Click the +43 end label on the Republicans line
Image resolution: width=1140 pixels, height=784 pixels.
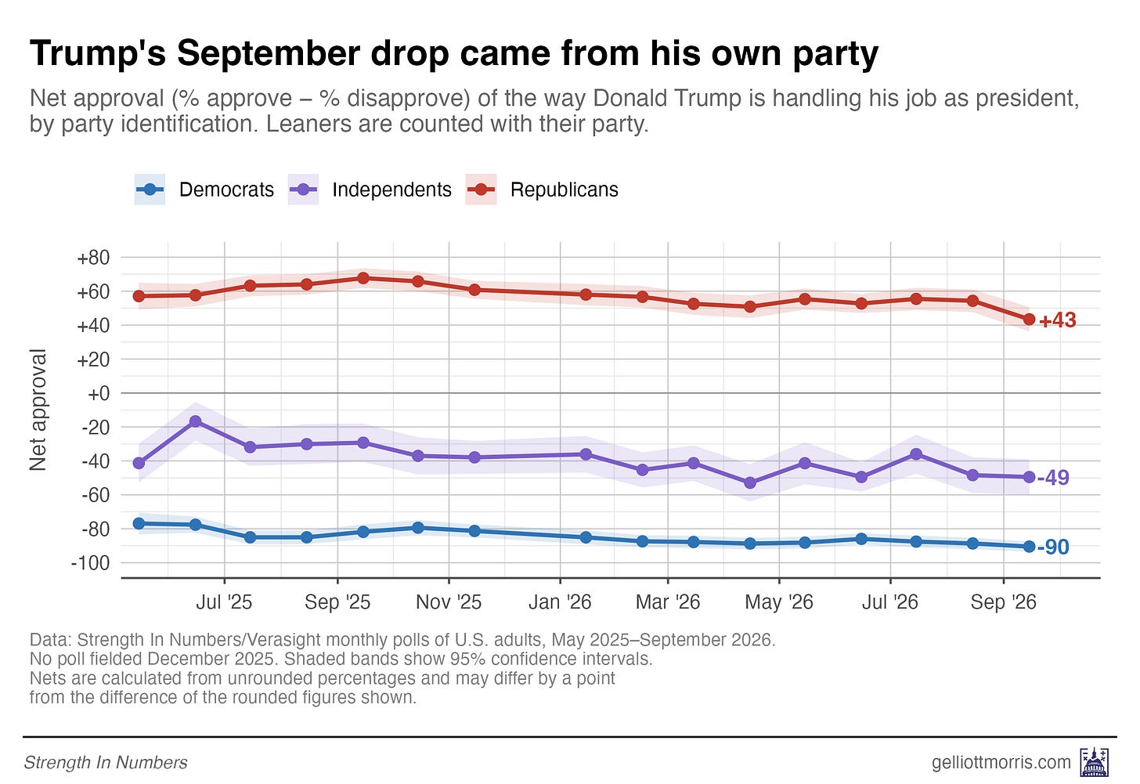pos(1058,320)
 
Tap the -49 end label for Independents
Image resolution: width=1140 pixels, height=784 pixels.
pos(1053,478)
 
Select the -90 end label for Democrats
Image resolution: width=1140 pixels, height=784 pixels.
pos(1053,547)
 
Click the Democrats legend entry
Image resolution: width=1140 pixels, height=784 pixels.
pos(204,190)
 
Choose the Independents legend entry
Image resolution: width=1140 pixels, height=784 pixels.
pos(370,190)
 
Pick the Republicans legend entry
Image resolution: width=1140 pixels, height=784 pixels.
pos(542,190)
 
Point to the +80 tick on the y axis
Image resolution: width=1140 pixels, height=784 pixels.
pos(93,258)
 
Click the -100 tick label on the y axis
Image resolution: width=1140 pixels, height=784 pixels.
pos(90,563)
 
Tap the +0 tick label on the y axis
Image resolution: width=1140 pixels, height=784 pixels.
pos(99,393)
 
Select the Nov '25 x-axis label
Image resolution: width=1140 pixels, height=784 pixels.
pos(449,602)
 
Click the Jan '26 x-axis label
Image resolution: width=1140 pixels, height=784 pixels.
pos(560,602)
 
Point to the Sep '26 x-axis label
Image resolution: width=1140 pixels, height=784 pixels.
pos(1003,602)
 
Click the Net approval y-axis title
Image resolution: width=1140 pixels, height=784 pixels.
pos(38,410)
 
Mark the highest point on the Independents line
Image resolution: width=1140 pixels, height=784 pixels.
pos(196,421)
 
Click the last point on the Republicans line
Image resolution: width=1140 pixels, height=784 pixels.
pos(1029,320)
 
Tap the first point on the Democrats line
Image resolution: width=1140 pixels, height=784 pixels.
pos(139,523)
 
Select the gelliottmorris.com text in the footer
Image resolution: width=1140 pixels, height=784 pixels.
pos(1001,762)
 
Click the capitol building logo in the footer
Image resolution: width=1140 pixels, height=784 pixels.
pos(1095,762)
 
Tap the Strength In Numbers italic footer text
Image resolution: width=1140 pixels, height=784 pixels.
pos(106,762)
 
